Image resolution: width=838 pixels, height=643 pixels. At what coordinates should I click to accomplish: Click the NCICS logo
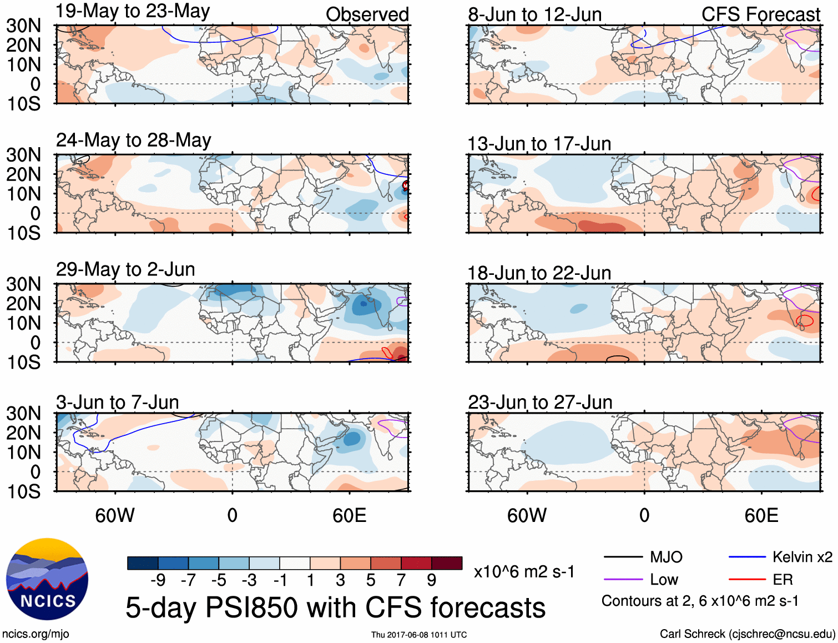(x=47, y=579)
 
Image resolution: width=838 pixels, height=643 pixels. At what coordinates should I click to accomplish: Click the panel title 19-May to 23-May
(x=133, y=12)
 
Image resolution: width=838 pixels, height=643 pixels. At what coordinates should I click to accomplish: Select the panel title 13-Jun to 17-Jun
(x=539, y=144)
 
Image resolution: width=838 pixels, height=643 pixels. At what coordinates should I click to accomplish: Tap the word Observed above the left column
(x=367, y=14)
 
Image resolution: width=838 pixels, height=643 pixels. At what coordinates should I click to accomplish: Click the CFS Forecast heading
(x=760, y=14)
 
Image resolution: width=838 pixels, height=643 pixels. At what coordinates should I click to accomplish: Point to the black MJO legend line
(x=623, y=557)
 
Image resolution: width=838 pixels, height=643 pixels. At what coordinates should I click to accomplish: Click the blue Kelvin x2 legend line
(x=747, y=557)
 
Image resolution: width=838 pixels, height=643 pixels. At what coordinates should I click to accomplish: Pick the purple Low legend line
(x=623, y=580)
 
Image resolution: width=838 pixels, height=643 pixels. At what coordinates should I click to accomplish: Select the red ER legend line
(x=747, y=580)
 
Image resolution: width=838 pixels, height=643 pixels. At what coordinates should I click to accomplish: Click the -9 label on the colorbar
(x=158, y=580)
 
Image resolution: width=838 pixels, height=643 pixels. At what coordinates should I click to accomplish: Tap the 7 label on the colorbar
(x=401, y=580)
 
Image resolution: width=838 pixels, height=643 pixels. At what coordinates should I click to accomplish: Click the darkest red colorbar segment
(x=447, y=563)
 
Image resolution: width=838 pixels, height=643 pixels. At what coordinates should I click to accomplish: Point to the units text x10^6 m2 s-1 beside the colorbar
(x=524, y=572)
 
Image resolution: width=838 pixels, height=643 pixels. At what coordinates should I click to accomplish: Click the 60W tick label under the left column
(x=115, y=515)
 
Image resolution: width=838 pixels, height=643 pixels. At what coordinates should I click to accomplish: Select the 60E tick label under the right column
(x=761, y=515)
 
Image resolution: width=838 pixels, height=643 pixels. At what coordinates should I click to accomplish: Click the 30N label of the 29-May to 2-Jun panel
(x=24, y=284)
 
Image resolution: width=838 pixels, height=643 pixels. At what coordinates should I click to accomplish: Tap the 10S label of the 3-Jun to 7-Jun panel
(x=24, y=491)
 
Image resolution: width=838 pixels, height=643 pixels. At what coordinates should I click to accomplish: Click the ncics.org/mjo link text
(x=36, y=634)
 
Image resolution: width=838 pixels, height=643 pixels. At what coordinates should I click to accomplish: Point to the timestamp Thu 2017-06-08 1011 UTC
(x=419, y=635)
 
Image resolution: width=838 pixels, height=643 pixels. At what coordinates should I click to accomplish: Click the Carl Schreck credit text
(x=747, y=634)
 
